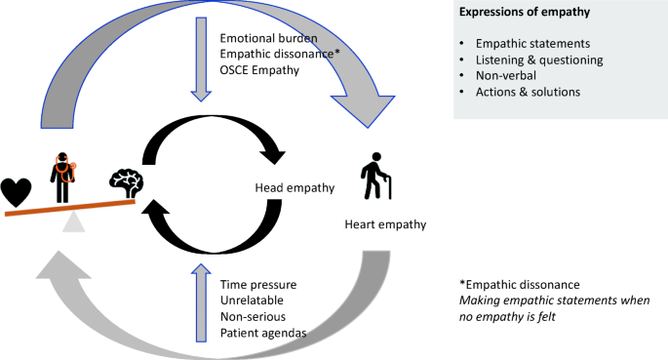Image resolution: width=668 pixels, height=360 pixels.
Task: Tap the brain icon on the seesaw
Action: (x=128, y=181)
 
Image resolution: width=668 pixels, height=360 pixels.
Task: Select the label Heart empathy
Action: (x=385, y=224)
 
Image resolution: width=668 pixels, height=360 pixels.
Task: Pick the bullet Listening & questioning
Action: (x=538, y=60)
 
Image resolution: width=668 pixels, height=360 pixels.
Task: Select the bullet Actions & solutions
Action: (x=528, y=93)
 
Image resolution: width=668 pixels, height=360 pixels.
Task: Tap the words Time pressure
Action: (x=258, y=284)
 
